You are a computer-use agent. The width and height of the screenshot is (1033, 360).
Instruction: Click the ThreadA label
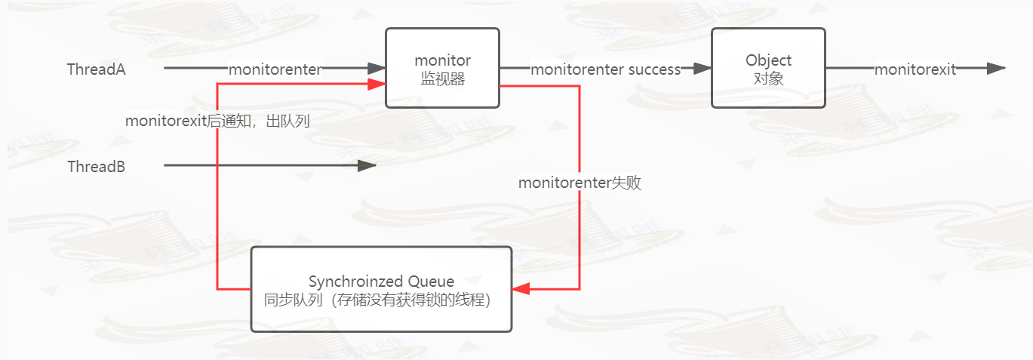coord(97,69)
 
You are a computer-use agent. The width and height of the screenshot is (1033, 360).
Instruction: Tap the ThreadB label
coord(97,167)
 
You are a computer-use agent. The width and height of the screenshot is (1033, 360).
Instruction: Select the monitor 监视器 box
coord(443,69)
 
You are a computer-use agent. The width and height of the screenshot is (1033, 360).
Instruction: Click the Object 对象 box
coord(768,69)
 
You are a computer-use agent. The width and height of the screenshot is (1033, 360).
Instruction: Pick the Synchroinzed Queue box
coord(381,289)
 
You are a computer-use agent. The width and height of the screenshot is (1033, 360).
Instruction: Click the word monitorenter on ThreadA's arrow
coord(275,69)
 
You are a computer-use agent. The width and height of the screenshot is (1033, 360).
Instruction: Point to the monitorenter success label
coord(605,69)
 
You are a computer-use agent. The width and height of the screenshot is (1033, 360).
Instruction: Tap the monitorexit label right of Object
coord(915,69)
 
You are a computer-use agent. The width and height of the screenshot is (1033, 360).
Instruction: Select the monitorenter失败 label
coord(580,183)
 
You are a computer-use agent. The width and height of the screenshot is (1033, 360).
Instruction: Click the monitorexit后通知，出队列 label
coord(217,121)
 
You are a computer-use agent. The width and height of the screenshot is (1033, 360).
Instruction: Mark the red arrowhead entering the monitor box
coord(377,84)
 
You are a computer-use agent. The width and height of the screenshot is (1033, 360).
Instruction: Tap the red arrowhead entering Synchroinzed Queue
coord(521,289)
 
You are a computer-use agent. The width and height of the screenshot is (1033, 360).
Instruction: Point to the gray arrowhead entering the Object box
coord(702,69)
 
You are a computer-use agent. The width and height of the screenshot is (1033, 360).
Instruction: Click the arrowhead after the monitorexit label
coord(996,69)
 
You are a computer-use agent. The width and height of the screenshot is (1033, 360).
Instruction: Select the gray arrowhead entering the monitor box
coord(377,69)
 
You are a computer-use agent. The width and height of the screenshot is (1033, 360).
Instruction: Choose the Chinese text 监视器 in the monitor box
coord(443,79)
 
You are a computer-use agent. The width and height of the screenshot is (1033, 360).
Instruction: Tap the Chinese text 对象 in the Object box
coord(768,79)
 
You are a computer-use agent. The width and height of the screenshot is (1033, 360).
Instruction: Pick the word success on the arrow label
coord(654,69)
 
